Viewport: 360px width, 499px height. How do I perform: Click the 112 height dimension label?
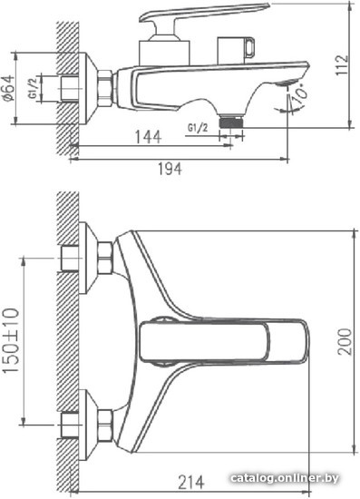343,65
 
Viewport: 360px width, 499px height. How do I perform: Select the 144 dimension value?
148,137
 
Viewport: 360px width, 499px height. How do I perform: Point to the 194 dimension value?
170,169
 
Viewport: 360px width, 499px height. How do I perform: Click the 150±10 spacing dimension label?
11,340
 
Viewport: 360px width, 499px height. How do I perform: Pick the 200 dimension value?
345,341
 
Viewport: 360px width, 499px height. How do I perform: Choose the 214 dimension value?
190,482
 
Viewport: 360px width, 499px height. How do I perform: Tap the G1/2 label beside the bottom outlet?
198,128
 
